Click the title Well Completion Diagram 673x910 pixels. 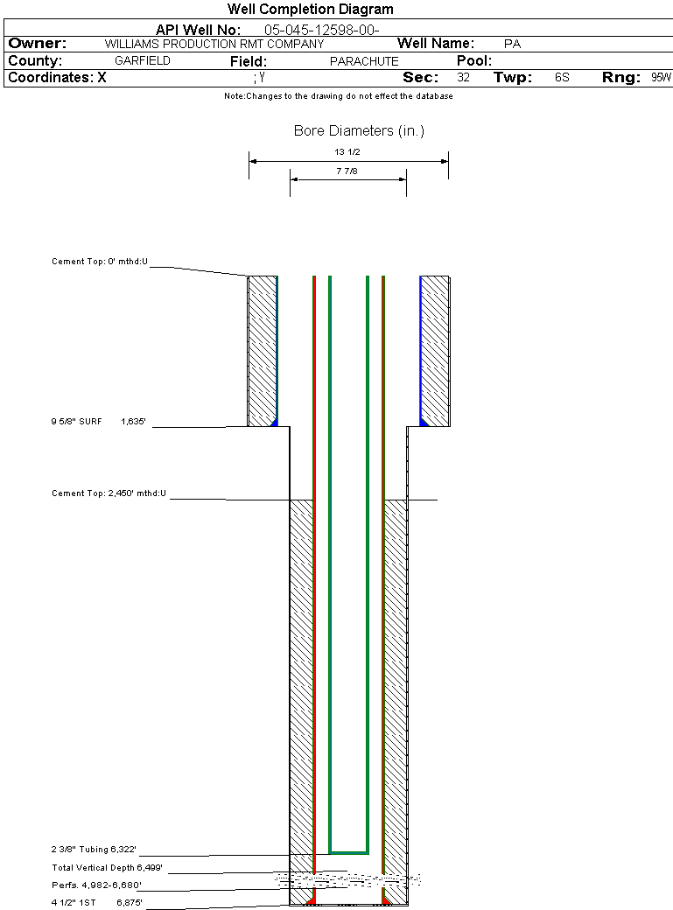pyautogui.click(x=310, y=10)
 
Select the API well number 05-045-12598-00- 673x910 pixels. pyautogui.click(x=322, y=30)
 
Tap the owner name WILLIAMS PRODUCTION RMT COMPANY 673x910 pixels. pyautogui.click(x=214, y=44)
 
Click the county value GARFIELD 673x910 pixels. pyautogui.click(x=143, y=60)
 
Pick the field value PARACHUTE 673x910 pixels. pyautogui.click(x=364, y=61)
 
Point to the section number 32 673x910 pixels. pyautogui.click(x=463, y=77)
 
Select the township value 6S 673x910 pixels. pyautogui.click(x=562, y=77)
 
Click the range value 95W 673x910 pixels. pyautogui.click(x=661, y=77)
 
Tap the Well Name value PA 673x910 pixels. pyautogui.click(x=512, y=44)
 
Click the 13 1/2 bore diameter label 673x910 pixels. pyautogui.click(x=347, y=152)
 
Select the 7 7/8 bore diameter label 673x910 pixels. pyautogui.click(x=347, y=171)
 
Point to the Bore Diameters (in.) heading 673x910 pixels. pyautogui.click(x=359, y=130)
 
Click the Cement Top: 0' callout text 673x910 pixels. pyautogui.click(x=100, y=262)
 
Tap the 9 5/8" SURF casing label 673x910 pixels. pyautogui.click(x=76, y=422)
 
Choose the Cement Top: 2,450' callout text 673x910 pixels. pyautogui.click(x=109, y=493)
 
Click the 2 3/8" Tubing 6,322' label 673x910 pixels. pyautogui.click(x=94, y=850)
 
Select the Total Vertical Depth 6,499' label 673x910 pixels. pyautogui.click(x=107, y=868)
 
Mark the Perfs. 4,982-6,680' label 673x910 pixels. pyautogui.click(x=96, y=885)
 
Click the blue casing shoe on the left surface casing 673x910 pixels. pyautogui.click(x=274, y=423)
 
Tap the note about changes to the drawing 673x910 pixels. pyautogui.click(x=339, y=96)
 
